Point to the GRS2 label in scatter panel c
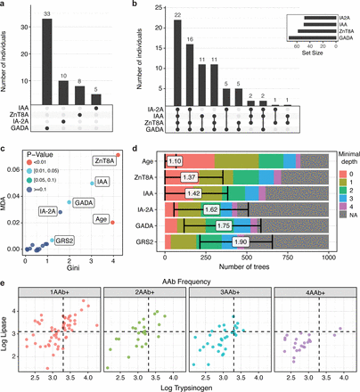64,240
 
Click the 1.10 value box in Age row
176,160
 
